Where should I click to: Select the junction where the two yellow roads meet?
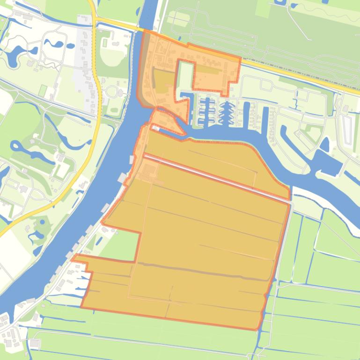[x=95, y=21]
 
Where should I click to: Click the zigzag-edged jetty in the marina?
[x=227, y=112]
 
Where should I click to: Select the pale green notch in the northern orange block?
[x=185, y=75]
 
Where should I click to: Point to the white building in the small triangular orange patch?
[x=155, y=127]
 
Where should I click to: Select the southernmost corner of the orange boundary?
[x=257, y=329]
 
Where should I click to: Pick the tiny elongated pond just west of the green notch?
[x=93, y=241]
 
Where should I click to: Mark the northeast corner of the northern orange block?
[x=241, y=58]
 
